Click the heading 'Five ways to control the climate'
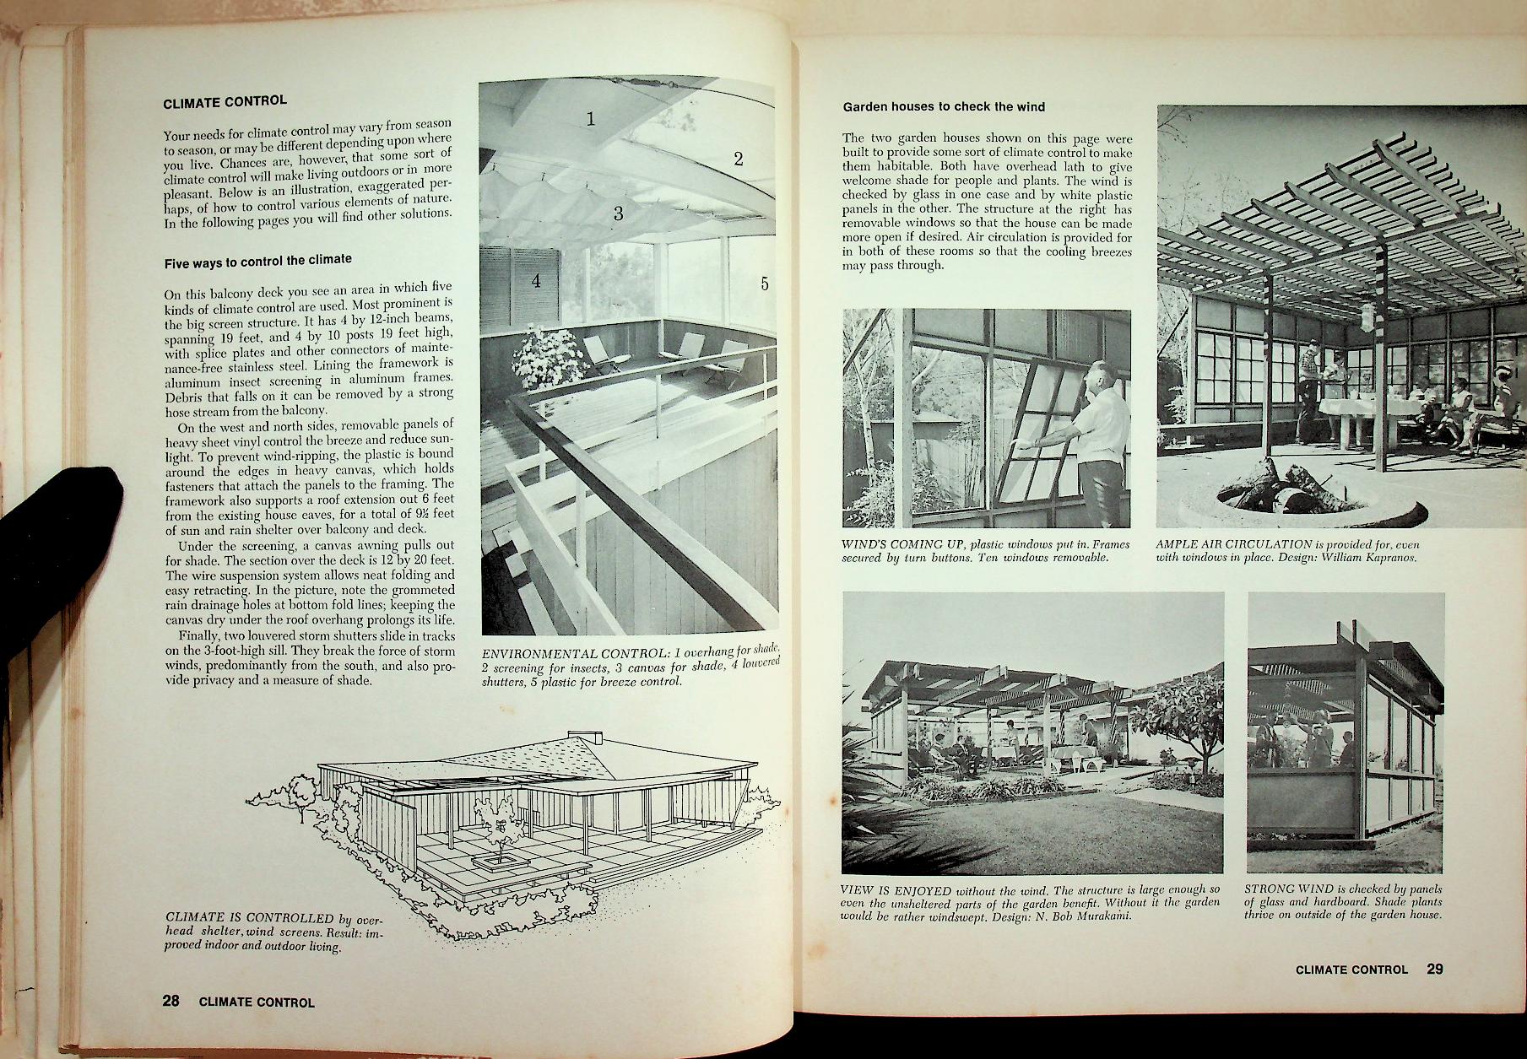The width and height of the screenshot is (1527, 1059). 257,261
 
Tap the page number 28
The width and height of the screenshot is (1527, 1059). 171,1001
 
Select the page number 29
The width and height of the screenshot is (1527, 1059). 1435,969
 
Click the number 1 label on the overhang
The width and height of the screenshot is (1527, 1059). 591,119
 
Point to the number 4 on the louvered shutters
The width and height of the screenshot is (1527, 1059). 536,281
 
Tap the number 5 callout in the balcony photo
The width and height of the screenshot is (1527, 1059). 765,284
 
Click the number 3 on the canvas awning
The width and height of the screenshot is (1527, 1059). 618,213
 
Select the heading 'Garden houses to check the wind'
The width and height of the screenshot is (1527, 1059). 944,107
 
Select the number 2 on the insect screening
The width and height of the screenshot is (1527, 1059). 738,159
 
